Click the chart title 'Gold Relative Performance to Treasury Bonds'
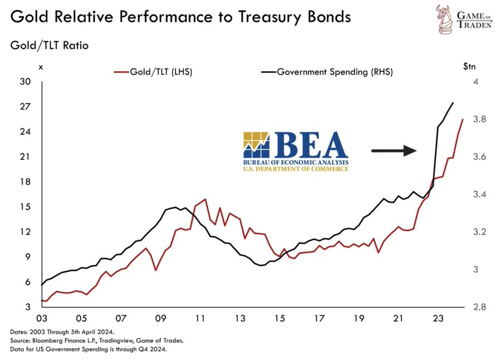coord(180,17)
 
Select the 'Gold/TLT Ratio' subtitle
coord(50,45)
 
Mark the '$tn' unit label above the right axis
coord(469,66)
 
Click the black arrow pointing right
coord(393,150)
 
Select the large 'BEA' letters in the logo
coord(310,145)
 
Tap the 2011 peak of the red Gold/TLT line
coord(205,199)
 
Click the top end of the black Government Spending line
coord(453,103)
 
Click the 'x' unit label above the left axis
coord(41,67)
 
